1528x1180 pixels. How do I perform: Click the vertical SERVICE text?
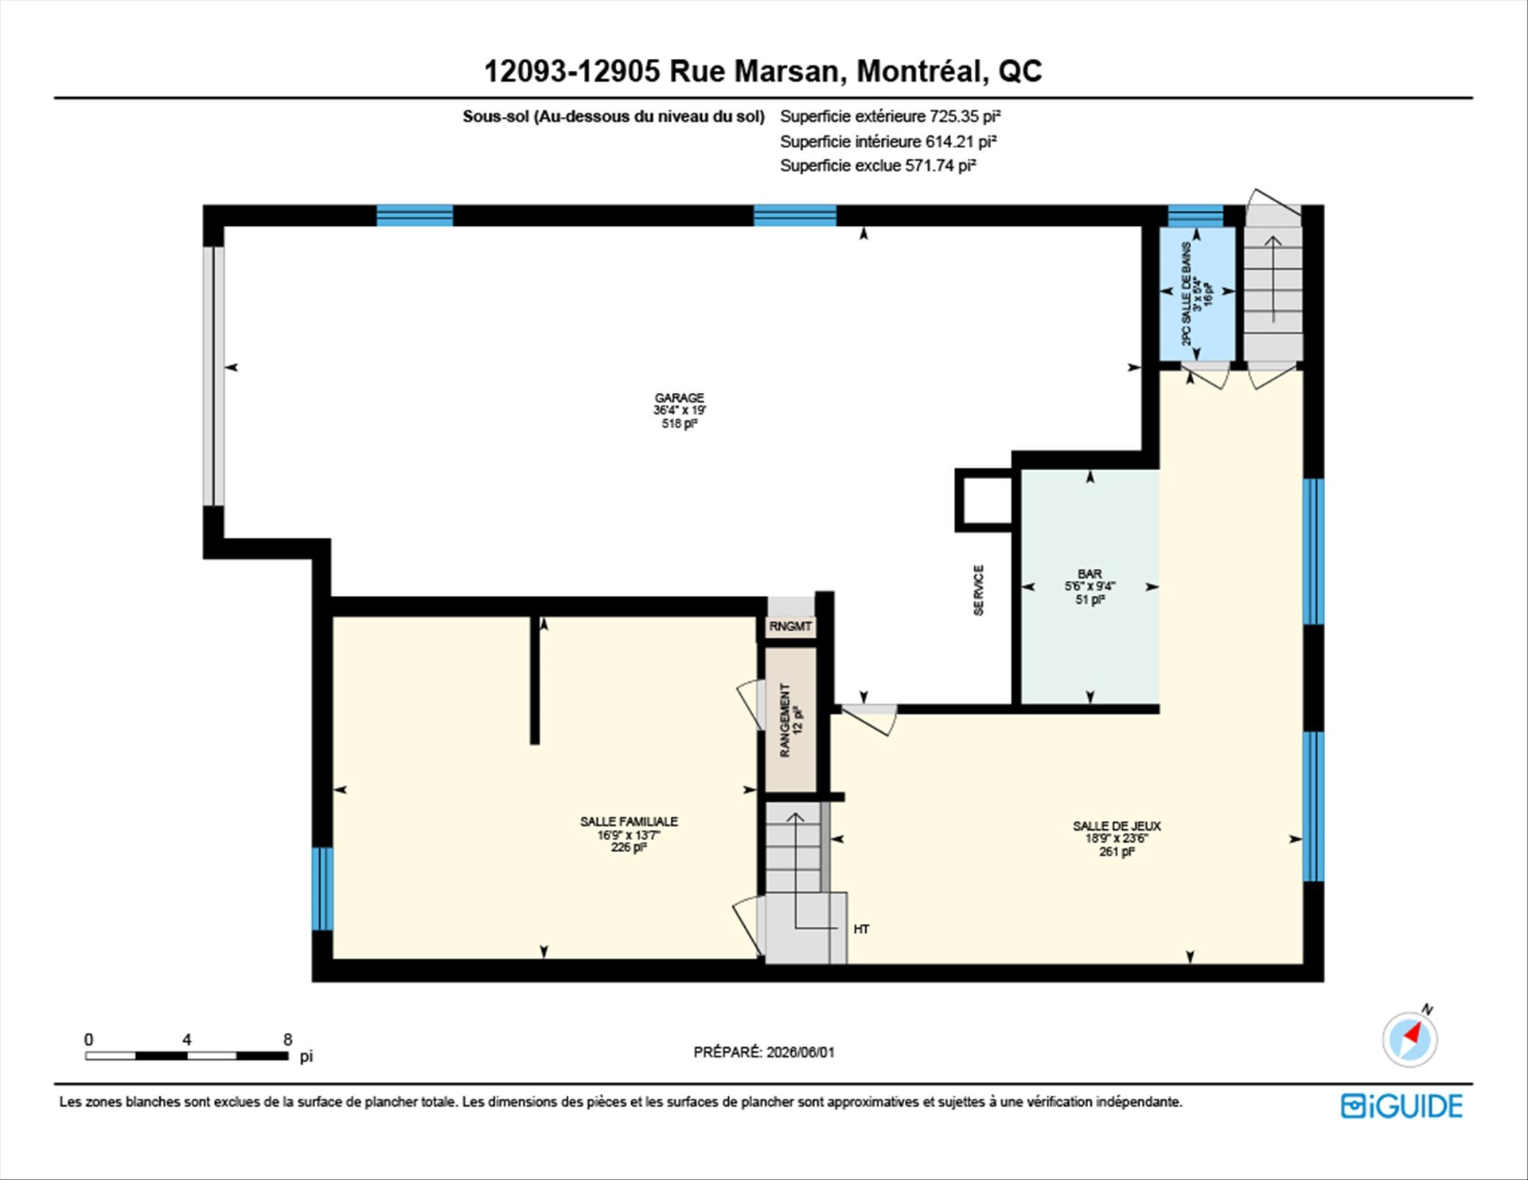[979, 590]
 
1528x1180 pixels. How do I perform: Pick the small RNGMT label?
[790, 627]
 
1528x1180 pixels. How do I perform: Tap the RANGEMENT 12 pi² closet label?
[791, 720]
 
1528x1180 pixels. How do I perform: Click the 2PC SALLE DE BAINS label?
[1197, 294]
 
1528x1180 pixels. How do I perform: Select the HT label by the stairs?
[861, 929]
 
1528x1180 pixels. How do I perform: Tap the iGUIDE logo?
[1401, 1107]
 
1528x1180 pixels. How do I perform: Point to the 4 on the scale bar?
[186, 1040]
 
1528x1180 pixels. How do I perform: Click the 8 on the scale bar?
[287, 1040]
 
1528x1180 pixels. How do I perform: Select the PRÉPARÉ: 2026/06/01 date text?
[764, 1052]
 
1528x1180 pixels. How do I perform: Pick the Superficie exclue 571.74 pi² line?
[878, 166]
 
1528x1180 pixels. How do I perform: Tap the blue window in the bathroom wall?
[1195, 216]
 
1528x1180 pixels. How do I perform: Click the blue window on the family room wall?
[322, 889]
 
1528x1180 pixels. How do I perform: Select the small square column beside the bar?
[984, 500]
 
